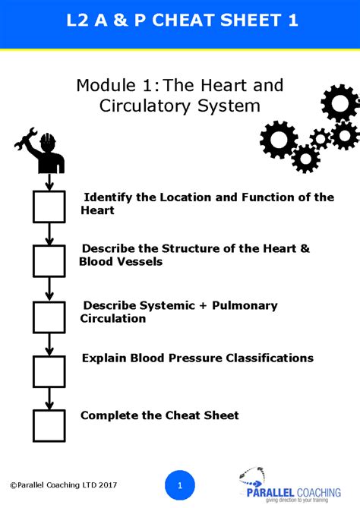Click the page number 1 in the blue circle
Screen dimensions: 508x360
pos(180,484)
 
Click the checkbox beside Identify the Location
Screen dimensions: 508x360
pos(49,207)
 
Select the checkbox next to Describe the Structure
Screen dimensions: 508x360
pos(49,260)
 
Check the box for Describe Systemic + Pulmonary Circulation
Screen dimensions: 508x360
pos(49,317)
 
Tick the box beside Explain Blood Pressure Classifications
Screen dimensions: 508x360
pos(49,371)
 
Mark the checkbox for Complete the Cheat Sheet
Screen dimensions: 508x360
pos(49,425)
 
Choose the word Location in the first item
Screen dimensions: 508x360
pos(185,197)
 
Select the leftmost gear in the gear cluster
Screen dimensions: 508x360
pos(278,139)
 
